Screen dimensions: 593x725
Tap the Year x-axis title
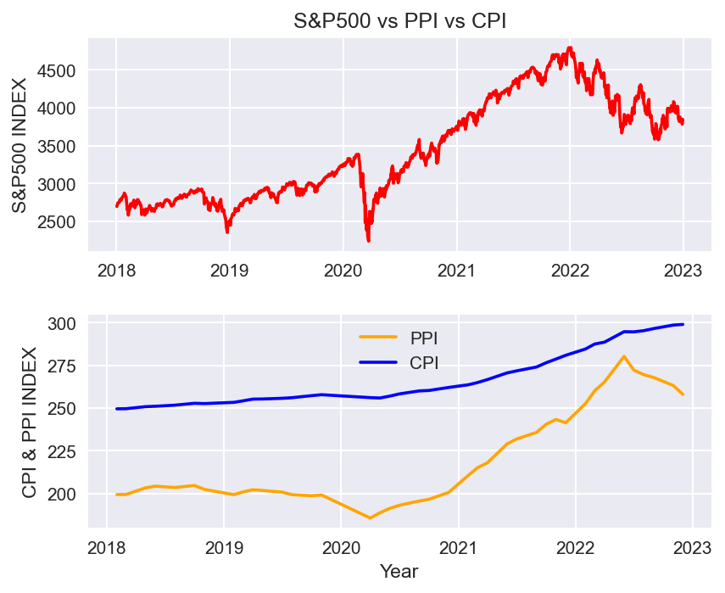tap(399, 571)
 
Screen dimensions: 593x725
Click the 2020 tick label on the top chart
tap(343, 271)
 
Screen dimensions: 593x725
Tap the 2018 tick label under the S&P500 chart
tap(116, 271)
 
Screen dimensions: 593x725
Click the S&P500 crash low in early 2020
tap(368, 241)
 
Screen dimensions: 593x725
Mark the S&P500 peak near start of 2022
tap(570, 48)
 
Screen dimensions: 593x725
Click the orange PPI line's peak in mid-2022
tap(623, 356)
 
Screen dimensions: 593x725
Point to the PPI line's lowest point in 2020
tap(370, 517)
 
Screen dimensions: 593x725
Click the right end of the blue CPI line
tap(683, 324)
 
